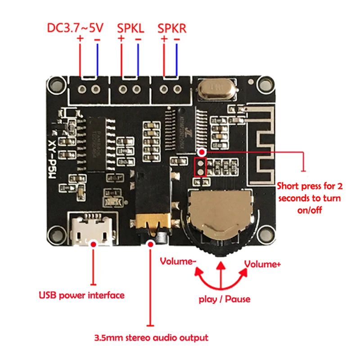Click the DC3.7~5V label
pos(76,28)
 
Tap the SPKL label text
pos(130,28)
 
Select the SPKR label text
pos(172,28)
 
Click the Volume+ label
pos(262,264)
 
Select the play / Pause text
pos(225,299)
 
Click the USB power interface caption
pos(81,296)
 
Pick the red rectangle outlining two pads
pos(199,166)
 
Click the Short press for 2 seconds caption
pos(309,198)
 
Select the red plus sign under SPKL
pos(121,40)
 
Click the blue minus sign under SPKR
pos(176,40)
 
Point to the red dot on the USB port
pos(94,243)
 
